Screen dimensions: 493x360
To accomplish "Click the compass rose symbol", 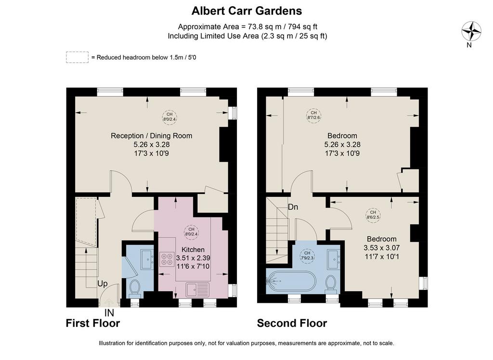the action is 471,31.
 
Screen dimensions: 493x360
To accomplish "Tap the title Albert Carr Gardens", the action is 247,11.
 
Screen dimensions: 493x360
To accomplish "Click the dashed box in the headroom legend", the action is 77,57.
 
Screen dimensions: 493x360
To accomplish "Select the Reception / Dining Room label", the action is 151,136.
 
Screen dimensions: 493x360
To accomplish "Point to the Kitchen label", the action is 193,250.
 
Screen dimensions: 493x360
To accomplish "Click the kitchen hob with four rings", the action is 167,259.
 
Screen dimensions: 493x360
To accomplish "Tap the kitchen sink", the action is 197,290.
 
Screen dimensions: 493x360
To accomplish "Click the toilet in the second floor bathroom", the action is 331,283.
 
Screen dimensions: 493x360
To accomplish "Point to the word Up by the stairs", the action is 103,283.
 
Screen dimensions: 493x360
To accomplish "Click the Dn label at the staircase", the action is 293,207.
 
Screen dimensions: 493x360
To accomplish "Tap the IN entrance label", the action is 109,313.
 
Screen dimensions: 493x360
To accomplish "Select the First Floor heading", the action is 93,323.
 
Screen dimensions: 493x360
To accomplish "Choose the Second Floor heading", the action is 292,323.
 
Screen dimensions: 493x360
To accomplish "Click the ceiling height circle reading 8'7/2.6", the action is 314,116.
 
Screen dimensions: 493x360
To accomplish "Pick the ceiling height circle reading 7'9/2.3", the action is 307,255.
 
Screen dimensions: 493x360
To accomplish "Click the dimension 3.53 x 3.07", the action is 382,248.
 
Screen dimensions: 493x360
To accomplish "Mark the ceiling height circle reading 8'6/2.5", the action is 373,215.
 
